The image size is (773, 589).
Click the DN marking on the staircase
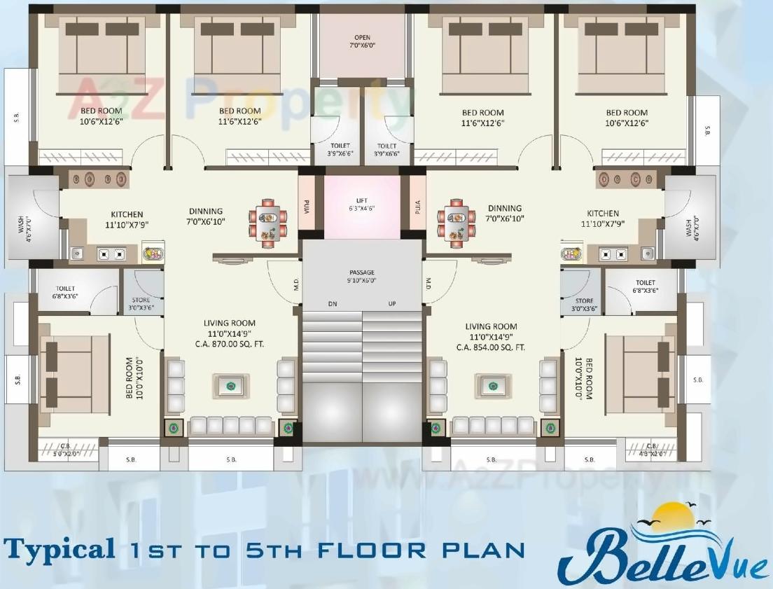(333, 304)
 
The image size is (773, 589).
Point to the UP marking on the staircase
(391, 304)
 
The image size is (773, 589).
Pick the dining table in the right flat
(457, 223)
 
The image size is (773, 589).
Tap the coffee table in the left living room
(230, 384)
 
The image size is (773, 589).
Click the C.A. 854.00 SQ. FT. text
(491, 347)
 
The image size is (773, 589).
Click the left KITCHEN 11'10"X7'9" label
(127, 219)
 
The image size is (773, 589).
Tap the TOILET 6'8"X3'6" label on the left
(65, 292)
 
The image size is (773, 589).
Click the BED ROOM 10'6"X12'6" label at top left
(101, 116)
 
